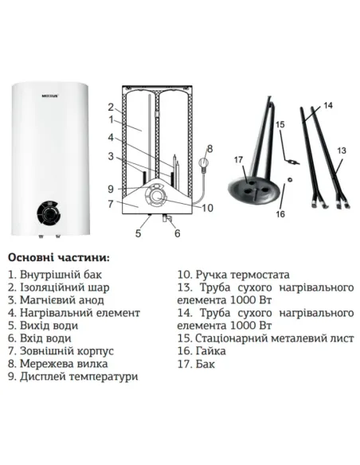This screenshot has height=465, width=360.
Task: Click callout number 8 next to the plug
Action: point(209,148)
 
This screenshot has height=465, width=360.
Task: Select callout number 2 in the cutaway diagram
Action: point(112,106)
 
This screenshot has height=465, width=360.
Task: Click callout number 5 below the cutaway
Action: point(138,233)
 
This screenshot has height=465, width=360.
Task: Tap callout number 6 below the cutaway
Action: point(177,233)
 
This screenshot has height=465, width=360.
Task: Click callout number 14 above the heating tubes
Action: point(329,106)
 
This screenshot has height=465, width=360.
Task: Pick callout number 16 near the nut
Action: point(279,213)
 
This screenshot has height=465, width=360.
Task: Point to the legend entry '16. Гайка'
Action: point(202,350)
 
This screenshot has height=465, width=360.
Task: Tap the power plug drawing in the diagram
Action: point(204,166)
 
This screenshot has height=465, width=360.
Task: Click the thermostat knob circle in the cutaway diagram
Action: point(158,197)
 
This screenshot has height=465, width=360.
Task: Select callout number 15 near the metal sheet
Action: point(279,125)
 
